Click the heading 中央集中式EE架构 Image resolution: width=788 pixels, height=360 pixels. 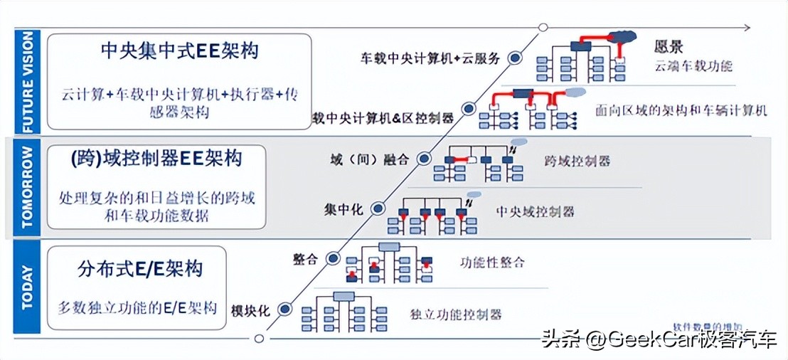[x=179, y=52]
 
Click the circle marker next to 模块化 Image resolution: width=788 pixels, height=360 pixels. [x=285, y=309]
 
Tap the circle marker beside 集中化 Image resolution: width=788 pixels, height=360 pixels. [x=378, y=208]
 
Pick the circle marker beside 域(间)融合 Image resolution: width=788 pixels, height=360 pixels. [x=424, y=159]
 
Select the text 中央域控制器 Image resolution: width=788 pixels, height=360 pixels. [x=535, y=211]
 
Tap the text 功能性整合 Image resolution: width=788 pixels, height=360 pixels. [x=492, y=262]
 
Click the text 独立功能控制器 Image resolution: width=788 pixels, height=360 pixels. [x=456, y=314]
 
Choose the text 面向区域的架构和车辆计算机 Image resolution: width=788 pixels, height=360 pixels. [x=682, y=110]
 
